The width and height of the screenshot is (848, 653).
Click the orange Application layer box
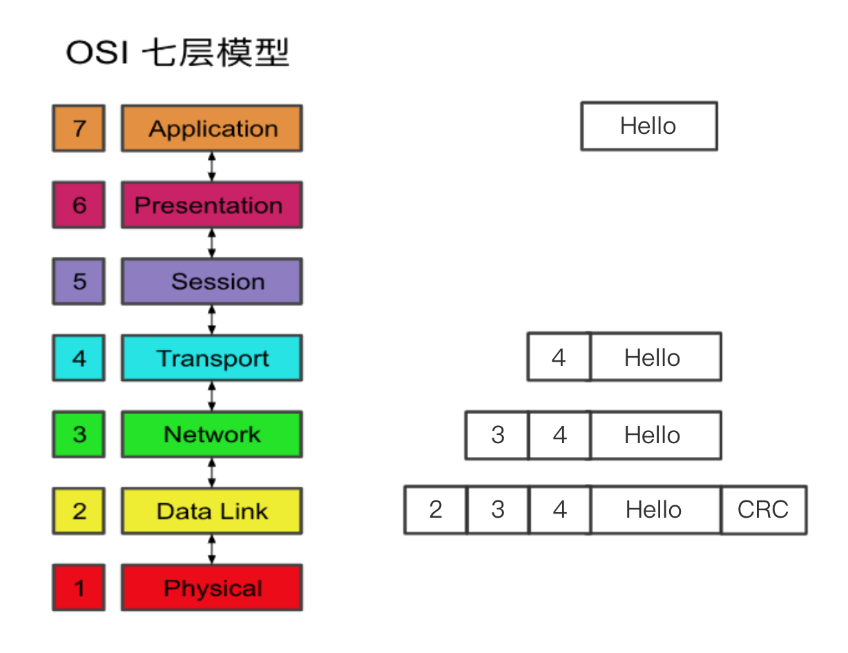[212, 128]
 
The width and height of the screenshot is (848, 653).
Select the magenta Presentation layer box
[212, 205]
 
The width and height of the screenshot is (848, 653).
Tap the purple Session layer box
[212, 282]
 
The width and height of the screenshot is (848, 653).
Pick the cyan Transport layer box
[212, 358]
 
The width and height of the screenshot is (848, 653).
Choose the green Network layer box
[212, 435]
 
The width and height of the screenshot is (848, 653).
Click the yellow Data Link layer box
[212, 511]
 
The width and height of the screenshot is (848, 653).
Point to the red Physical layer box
[212, 588]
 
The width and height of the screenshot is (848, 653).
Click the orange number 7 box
[79, 128]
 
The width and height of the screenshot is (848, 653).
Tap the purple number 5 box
[79, 282]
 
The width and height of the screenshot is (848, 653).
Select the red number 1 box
[79, 588]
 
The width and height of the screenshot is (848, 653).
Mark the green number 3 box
[79, 435]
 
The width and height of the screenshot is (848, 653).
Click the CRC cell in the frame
[764, 510]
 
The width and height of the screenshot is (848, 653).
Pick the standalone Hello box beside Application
[649, 126]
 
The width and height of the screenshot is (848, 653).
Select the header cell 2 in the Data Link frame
[436, 510]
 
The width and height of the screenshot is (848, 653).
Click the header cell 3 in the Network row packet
[497, 436]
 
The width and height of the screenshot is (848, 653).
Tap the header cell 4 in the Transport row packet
[559, 358]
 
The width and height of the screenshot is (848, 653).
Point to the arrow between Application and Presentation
[212, 166]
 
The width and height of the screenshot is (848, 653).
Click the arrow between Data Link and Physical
[212, 549]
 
